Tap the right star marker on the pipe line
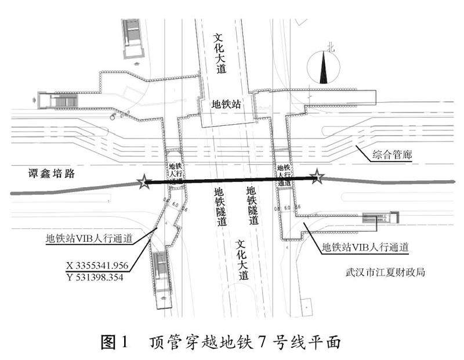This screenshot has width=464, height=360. point(317,177)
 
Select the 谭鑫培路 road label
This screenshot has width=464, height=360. point(52,173)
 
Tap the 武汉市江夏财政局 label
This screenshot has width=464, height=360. point(385,271)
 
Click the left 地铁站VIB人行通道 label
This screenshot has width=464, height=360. point(89,238)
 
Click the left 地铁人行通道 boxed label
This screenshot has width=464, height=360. point(175,173)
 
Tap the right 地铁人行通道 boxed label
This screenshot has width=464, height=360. point(283,174)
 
